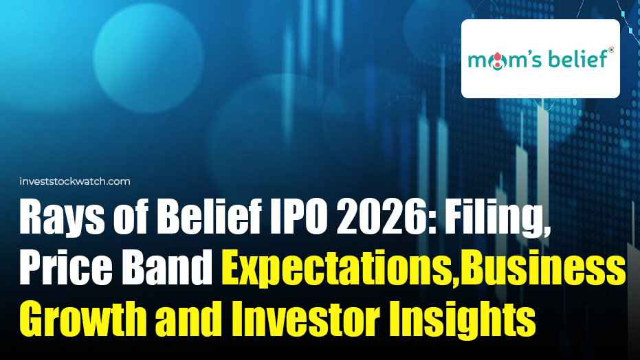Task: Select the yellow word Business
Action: coord(542,269)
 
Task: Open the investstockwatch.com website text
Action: coord(76,181)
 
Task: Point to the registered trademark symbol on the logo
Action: coord(610,49)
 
